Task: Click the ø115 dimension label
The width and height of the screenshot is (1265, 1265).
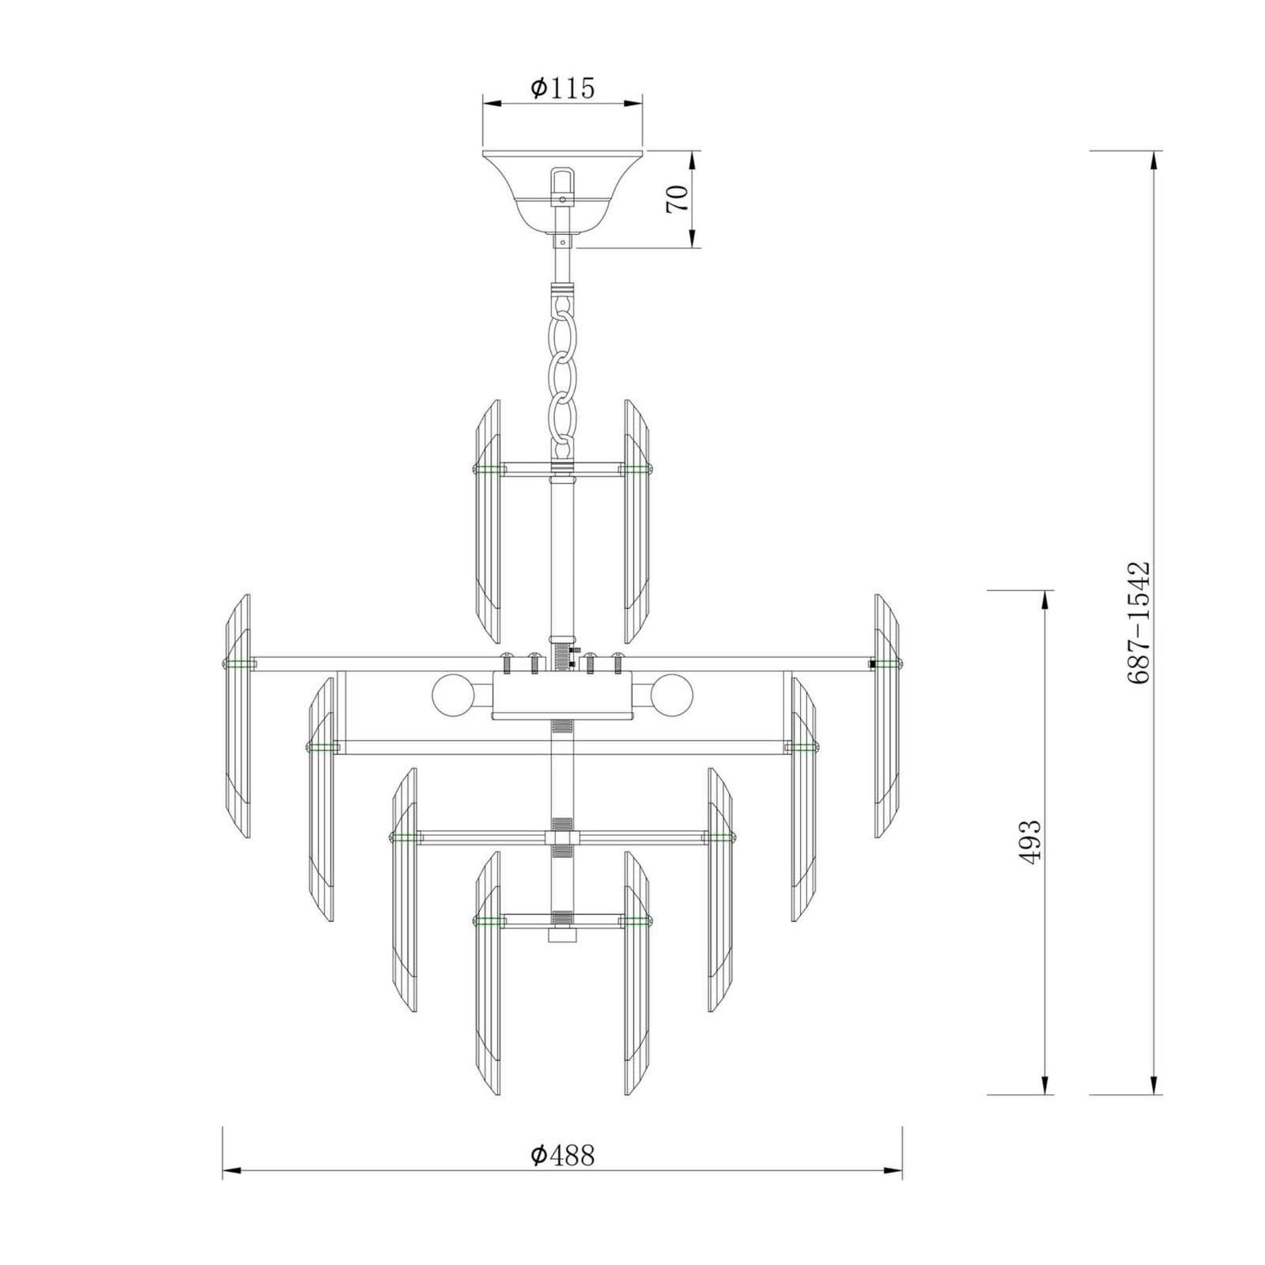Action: (562, 88)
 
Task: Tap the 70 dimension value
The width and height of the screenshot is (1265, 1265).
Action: (678, 198)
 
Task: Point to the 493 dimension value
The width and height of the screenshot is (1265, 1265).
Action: (1030, 843)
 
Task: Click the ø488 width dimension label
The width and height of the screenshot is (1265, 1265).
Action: (562, 1155)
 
